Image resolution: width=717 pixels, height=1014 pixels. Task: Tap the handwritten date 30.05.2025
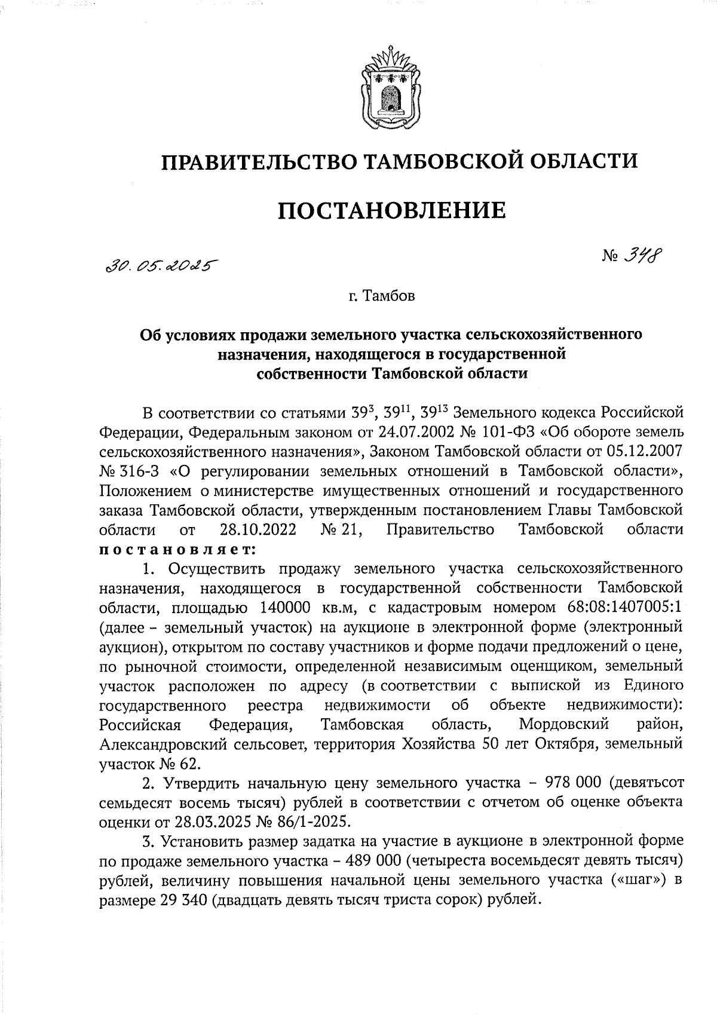[160, 266]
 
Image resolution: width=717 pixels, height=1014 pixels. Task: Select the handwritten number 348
[640, 257]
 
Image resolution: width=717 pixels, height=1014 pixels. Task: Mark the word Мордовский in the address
[563, 725]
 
